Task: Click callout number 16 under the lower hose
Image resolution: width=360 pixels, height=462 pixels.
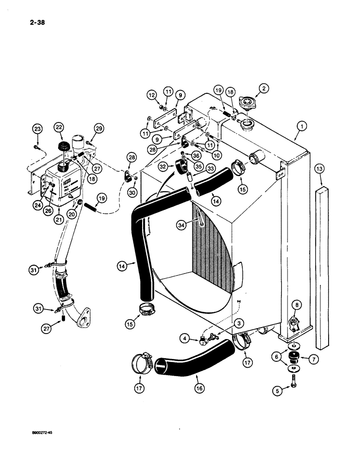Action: [x=198, y=389]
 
